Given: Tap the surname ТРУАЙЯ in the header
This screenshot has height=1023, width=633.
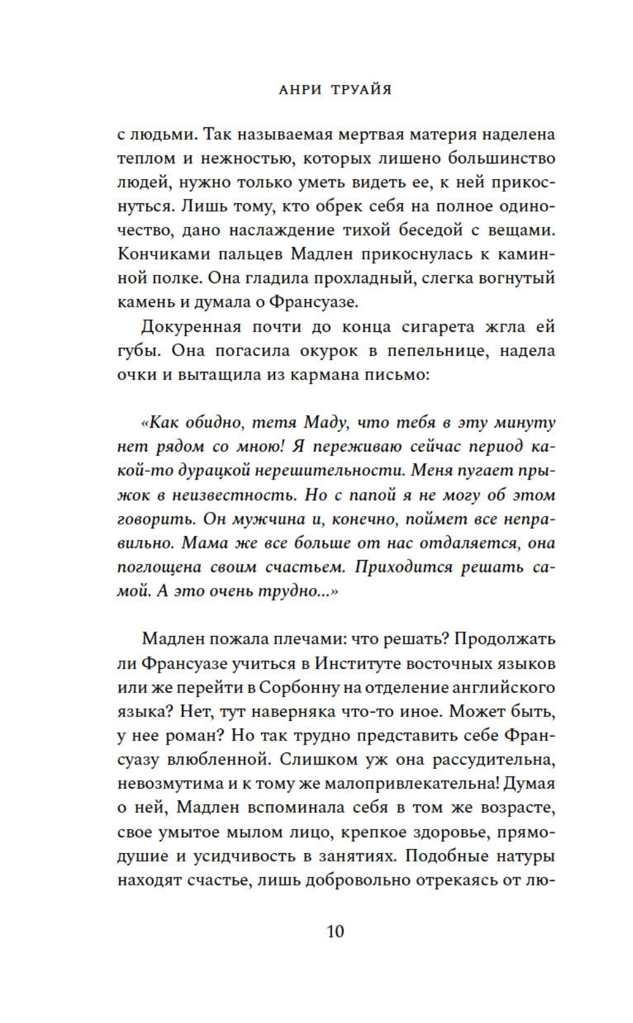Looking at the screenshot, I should pos(361,89).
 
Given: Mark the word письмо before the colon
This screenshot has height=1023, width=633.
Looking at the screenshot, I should pos(400,374).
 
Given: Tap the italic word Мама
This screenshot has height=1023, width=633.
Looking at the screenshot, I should pos(204,543).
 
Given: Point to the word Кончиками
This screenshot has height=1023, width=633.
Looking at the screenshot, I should pos(160,254).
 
